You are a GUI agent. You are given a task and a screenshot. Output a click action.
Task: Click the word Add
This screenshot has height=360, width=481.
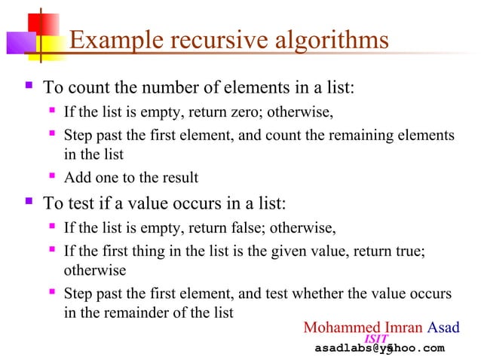point(77,178)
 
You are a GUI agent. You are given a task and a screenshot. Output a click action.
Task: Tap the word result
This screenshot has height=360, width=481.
point(179,178)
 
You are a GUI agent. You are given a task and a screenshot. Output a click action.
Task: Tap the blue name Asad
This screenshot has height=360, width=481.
point(443,328)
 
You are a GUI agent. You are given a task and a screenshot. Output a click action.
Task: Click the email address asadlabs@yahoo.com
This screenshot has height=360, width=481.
point(379,348)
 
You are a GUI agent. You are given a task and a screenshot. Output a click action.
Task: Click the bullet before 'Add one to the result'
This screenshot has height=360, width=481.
point(52,178)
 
